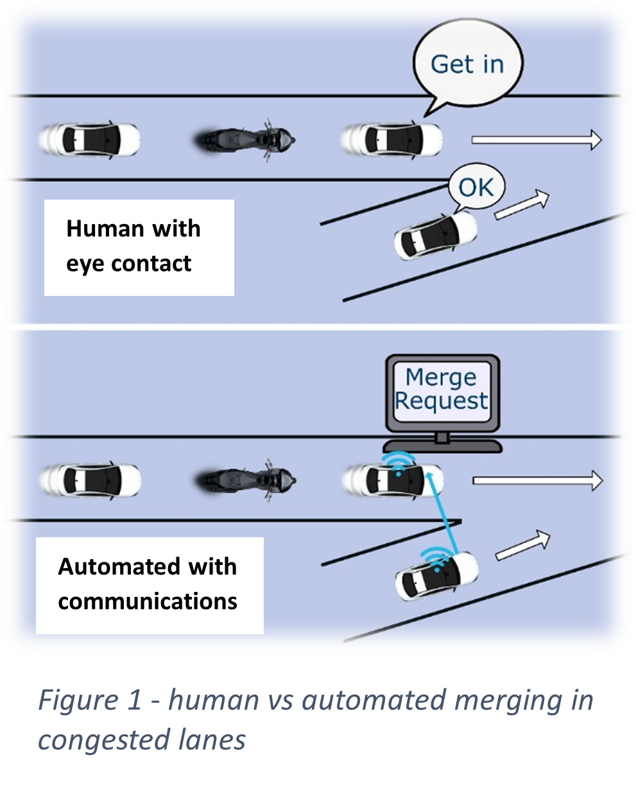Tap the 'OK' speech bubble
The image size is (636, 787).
[x=476, y=187]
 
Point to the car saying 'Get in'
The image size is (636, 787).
[x=391, y=138]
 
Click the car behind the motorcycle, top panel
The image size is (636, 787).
[x=89, y=138]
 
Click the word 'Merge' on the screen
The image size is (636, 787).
[x=441, y=377]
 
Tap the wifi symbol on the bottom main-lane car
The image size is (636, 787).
[x=398, y=463]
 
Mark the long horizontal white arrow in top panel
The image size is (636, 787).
[x=537, y=139]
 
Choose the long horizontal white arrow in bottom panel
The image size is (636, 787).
[x=537, y=480]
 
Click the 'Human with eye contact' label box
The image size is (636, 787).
[x=139, y=247]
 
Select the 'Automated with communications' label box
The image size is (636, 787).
[x=149, y=585]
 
